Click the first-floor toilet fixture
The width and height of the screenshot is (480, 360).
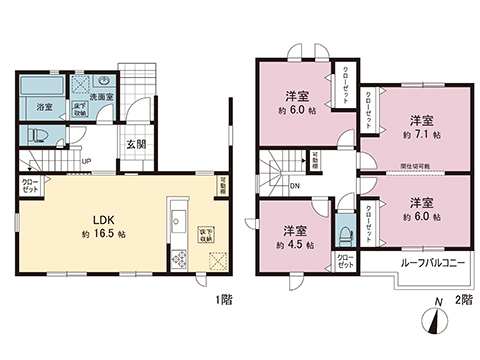pyautogui.click(x=40, y=135)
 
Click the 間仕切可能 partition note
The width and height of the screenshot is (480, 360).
pyautogui.click(x=415, y=166)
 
